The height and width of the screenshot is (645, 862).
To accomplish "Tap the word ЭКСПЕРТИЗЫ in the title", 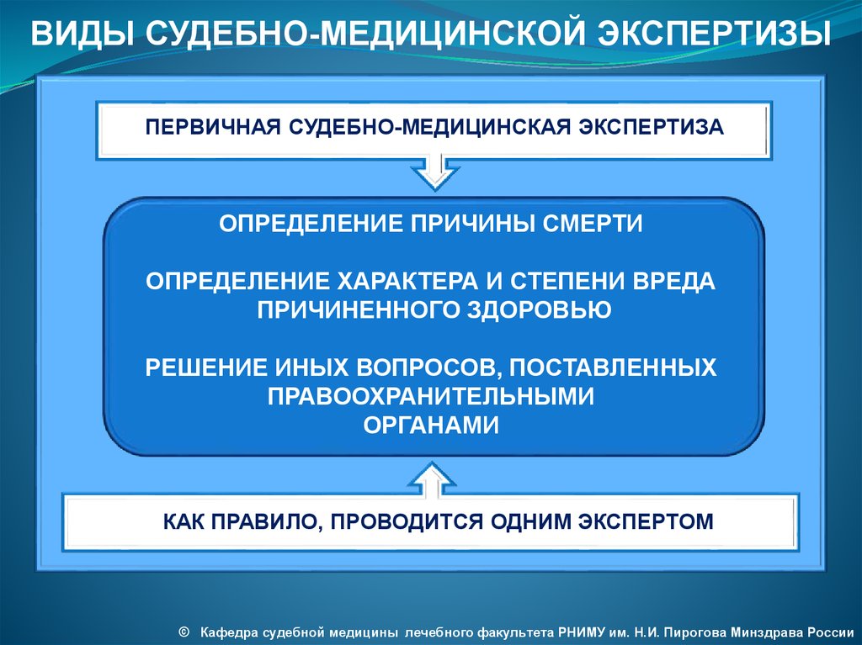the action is [714, 34].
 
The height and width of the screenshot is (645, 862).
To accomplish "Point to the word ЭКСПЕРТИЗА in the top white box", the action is [651, 127].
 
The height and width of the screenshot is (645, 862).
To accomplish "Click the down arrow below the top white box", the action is [435, 172].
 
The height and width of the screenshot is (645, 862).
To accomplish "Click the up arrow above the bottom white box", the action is [432, 479].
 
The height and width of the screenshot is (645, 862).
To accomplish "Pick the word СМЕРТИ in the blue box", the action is [593, 224].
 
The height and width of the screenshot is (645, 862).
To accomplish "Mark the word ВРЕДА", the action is [673, 281].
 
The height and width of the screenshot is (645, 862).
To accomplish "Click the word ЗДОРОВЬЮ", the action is [540, 310].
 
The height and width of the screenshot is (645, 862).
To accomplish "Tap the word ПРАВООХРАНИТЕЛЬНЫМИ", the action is [431, 396].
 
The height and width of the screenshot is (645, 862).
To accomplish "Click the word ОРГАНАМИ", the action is [431, 426].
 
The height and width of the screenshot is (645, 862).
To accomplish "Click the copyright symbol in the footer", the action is [184, 632].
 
